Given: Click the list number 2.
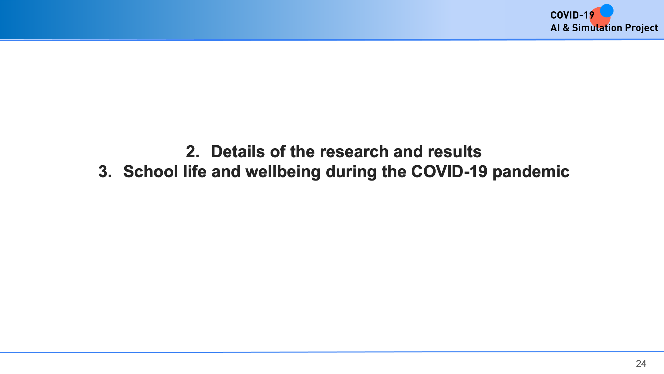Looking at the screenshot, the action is point(193,152).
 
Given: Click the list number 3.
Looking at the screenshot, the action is point(105,172).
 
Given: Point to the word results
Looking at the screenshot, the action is point(455,152).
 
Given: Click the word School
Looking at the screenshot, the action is point(151,172).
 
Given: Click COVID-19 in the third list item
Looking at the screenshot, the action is point(449,172).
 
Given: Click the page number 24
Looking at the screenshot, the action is point(641,364).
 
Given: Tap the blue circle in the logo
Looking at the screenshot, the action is point(607,11).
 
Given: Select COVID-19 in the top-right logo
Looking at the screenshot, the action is point(572,15).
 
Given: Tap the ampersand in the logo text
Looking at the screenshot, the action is point(566,28).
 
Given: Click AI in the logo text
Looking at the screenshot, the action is point(555,28).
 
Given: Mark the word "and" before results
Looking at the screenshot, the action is point(408,152).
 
